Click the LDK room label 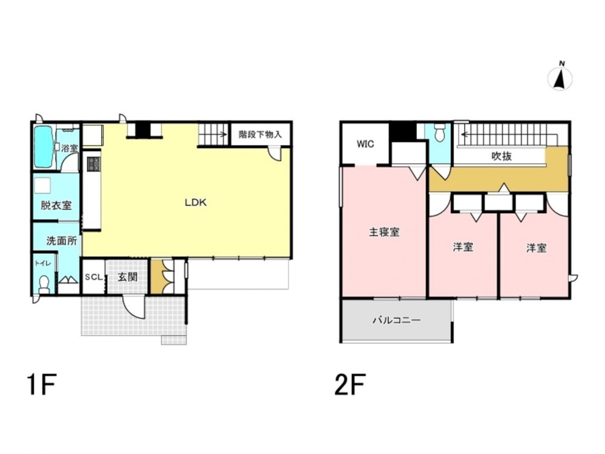point(196,202)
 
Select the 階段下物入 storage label point(260,134)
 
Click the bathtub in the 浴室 point(44,147)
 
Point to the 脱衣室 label point(56,205)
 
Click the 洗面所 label point(61,241)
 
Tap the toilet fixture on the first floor point(44,284)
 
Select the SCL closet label point(94,277)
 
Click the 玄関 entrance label point(127,277)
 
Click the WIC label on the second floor point(365,144)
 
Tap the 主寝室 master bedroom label point(384,232)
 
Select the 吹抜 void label point(502,156)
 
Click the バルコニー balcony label point(397,320)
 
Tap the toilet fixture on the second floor point(439,133)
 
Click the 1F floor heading point(42,384)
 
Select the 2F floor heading point(350,384)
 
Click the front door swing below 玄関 point(134,307)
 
